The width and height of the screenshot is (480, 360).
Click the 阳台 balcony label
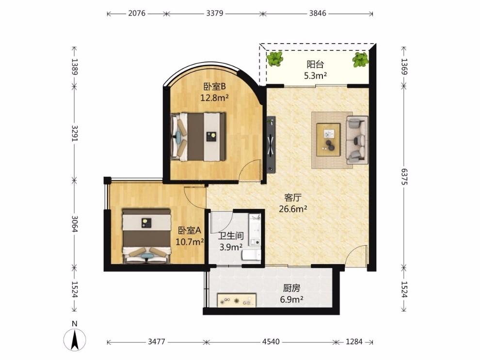click(315, 64)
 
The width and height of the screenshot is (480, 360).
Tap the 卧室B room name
click(215, 87)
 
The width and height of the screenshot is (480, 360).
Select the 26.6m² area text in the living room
click(293, 209)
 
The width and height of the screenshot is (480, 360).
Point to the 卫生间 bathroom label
click(231, 236)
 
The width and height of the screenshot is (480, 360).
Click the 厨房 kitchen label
click(291, 288)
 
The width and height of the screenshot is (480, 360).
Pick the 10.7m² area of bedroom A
click(190, 242)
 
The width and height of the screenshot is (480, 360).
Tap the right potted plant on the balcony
click(360, 60)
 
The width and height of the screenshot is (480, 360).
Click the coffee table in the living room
click(328, 140)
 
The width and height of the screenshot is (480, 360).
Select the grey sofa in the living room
click(357, 140)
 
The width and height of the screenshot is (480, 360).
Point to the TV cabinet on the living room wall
click(271, 145)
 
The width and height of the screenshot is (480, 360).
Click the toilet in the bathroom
click(252, 254)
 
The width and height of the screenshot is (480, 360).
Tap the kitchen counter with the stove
click(237, 300)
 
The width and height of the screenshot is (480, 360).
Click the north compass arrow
click(75, 340)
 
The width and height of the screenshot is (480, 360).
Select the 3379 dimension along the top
click(215, 13)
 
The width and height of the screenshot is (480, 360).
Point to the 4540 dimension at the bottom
click(271, 342)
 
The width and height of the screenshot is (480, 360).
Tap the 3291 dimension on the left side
click(74, 133)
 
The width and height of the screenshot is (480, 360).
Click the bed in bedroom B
click(198, 137)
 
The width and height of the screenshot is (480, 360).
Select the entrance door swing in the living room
click(355, 256)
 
